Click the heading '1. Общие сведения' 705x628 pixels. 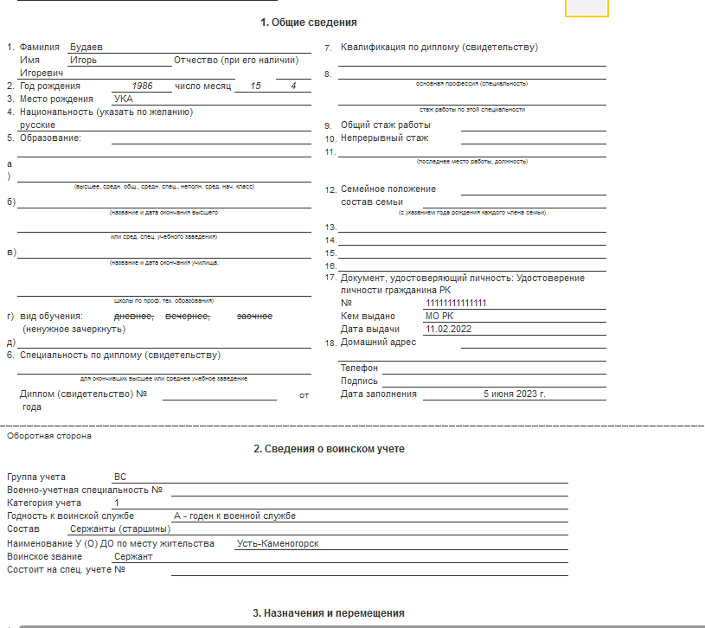(x=309, y=22)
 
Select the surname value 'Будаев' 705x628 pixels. (x=87, y=48)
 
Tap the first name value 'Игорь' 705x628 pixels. (x=84, y=61)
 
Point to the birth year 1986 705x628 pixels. (x=148, y=87)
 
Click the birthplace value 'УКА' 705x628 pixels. (x=124, y=99)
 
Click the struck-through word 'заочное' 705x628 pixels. (x=254, y=317)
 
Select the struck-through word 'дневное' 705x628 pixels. (x=135, y=317)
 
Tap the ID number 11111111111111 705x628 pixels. (x=456, y=304)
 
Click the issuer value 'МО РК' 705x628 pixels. (x=439, y=317)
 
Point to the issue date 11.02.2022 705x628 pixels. (x=448, y=330)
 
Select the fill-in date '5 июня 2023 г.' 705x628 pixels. (x=515, y=394)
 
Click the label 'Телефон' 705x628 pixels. (x=360, y=368)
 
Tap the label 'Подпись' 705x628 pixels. (x=359, y=381)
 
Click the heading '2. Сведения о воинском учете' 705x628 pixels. (x=329, y=449)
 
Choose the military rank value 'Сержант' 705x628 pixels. (x=133, y=556)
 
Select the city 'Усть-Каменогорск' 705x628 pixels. (x=278, y=543)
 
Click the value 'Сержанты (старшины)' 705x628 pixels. (x=119, y=529)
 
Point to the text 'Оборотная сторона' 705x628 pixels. (x=48, y=436)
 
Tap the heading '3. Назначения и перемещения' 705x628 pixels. (x=329, y=613)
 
